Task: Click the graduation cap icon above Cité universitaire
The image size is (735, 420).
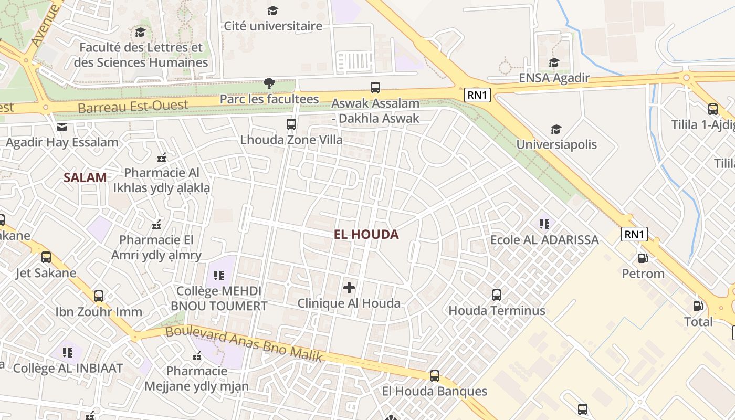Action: pos(272,10)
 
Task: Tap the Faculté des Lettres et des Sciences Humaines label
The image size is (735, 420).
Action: pos(141,55)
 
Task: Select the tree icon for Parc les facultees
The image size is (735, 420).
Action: pos(269,83)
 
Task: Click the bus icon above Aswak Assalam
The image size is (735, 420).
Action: pos(375,88)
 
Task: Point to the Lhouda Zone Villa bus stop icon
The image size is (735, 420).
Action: pos(291,124)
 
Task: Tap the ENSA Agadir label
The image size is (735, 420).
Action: pos(554,78)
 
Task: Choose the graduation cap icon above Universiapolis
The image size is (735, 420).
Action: pos(556,129)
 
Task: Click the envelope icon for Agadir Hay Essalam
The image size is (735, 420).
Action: pos(62,127)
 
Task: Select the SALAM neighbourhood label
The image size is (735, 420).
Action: pos(85,177)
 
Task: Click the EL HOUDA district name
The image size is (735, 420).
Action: pos(366,235)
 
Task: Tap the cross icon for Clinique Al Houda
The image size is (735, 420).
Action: pos(349,288)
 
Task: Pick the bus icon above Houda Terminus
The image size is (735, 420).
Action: pos(497,295)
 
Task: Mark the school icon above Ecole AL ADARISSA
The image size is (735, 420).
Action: pos(544,224)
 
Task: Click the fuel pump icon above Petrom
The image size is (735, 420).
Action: pos(643,258)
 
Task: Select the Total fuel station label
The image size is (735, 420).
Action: pos(698,322)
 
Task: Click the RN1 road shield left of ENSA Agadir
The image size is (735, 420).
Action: pos(477,95)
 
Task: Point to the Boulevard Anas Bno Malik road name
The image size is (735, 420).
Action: pos(244,344)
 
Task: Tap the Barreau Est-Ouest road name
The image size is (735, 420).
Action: pos(133,107)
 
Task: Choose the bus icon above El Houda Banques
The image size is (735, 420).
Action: pos(434,376)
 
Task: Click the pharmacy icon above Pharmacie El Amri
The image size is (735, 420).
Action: pos(156,225)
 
